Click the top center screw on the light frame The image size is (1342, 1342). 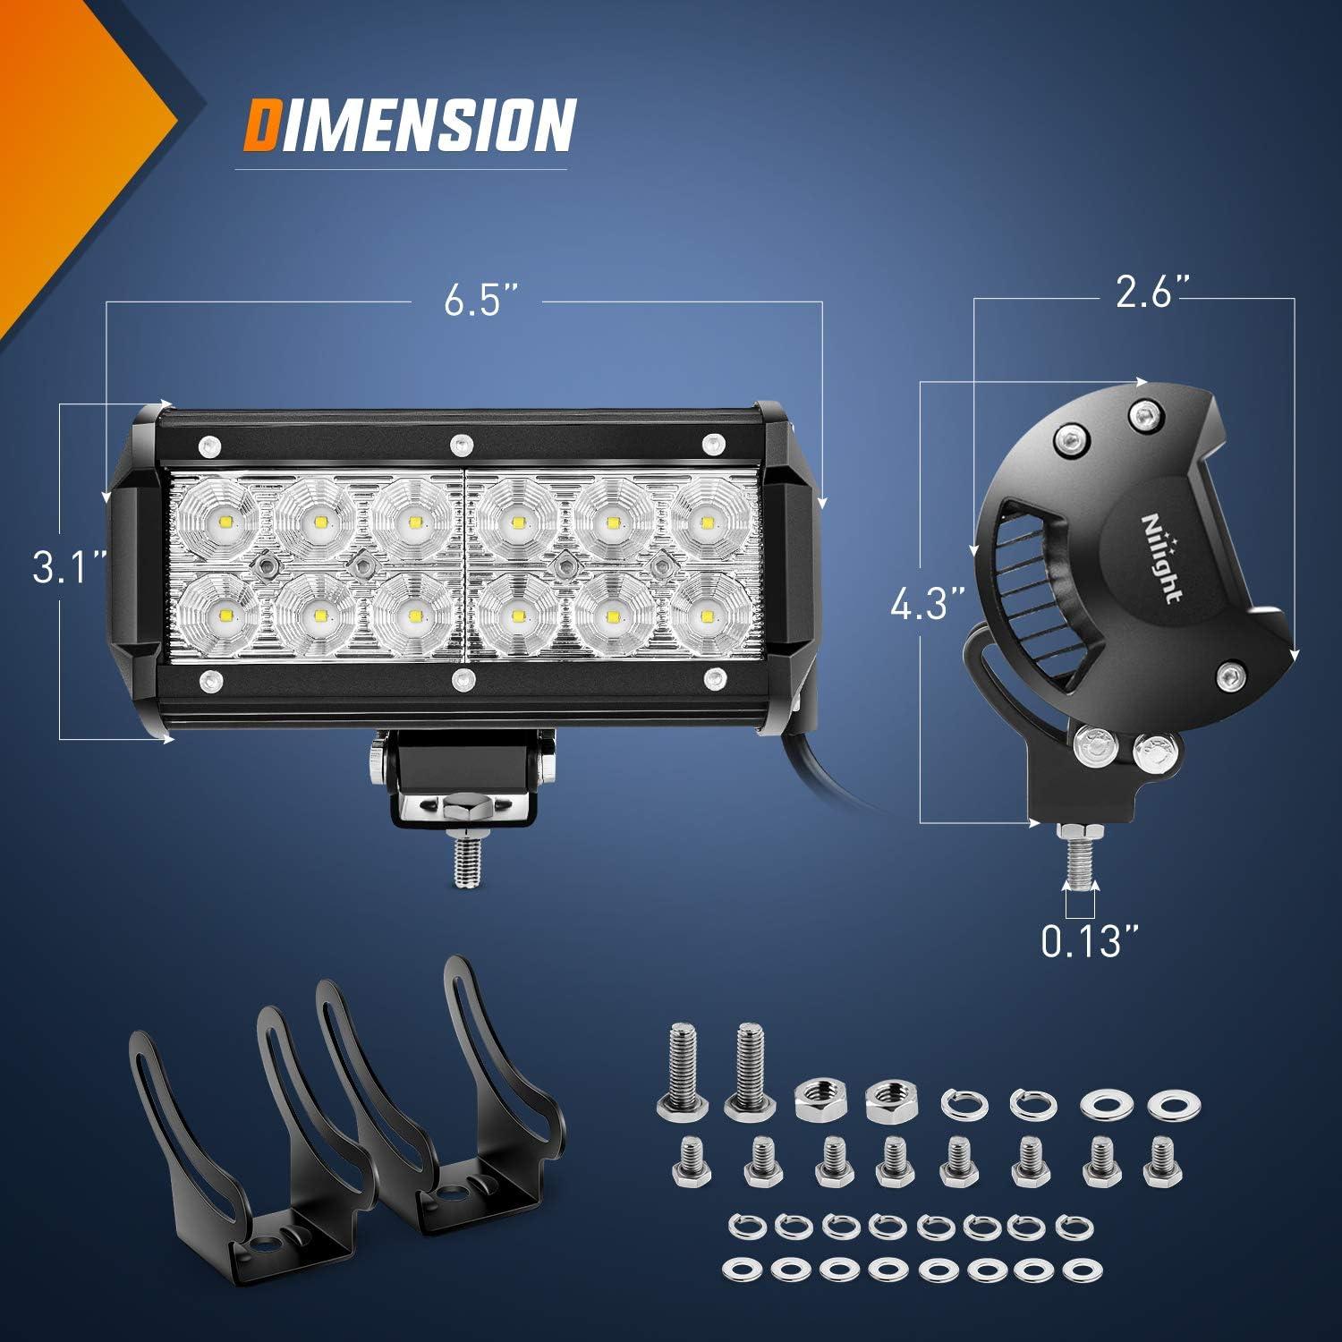tap(462, 442)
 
